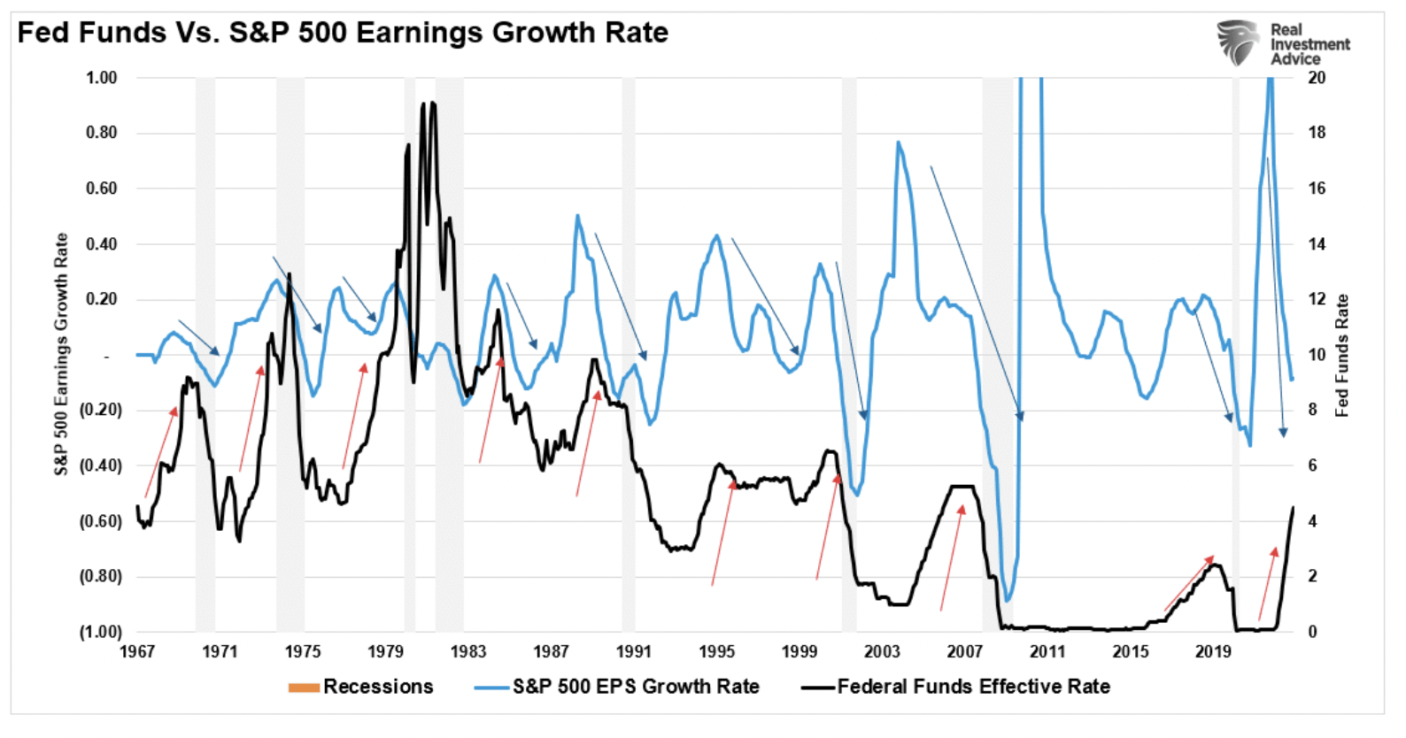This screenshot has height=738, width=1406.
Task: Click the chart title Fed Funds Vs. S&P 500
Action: click(x=343, y=33)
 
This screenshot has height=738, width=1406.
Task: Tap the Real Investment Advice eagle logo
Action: click(x=1237, y=42)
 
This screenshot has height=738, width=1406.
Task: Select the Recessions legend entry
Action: click(x=360, y=687)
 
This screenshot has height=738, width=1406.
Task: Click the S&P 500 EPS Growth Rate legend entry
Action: click(x=616, y=687)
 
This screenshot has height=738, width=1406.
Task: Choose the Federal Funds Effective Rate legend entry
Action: click(x=955, y=687)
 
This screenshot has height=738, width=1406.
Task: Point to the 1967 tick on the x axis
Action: click(x=137, y=652)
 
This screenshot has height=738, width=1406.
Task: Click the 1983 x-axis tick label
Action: click(x=468, y=652)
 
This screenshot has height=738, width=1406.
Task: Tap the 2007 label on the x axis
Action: click(x=965, y=652)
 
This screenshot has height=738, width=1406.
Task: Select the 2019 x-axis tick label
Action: click(x=1213, y=652)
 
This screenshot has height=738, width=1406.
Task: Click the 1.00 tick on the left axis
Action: click(x=102, y=78)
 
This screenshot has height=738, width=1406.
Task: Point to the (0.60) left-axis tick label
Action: click(x=101, y=521)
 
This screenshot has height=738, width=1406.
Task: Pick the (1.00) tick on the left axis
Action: click(x=101, y=632)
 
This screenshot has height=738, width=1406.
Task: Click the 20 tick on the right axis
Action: click(x=1317, y=78)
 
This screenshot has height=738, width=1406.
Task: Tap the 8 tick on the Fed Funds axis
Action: click(x=1313, y=410)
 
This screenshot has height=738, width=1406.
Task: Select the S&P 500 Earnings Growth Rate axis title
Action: click(x=61, y=354)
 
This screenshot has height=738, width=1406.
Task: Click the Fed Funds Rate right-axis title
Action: click(x=1342, y=355)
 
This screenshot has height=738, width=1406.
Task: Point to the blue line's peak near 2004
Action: click(x=898, y=142)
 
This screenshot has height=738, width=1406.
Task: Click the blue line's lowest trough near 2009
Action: click(x=1007, y=601)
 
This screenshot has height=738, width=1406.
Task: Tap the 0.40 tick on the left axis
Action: click(x=102, y=244)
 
